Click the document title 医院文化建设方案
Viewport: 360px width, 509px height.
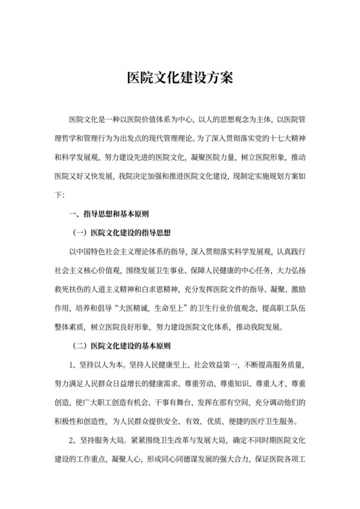click(x=180, y=79)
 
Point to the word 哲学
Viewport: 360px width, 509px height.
click(x=71, y=138)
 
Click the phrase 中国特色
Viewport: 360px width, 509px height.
click(x=94, y=251)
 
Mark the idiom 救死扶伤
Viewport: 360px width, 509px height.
click(x=66, y=289)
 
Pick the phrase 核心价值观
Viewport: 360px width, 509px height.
click(x=100, y=270)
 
